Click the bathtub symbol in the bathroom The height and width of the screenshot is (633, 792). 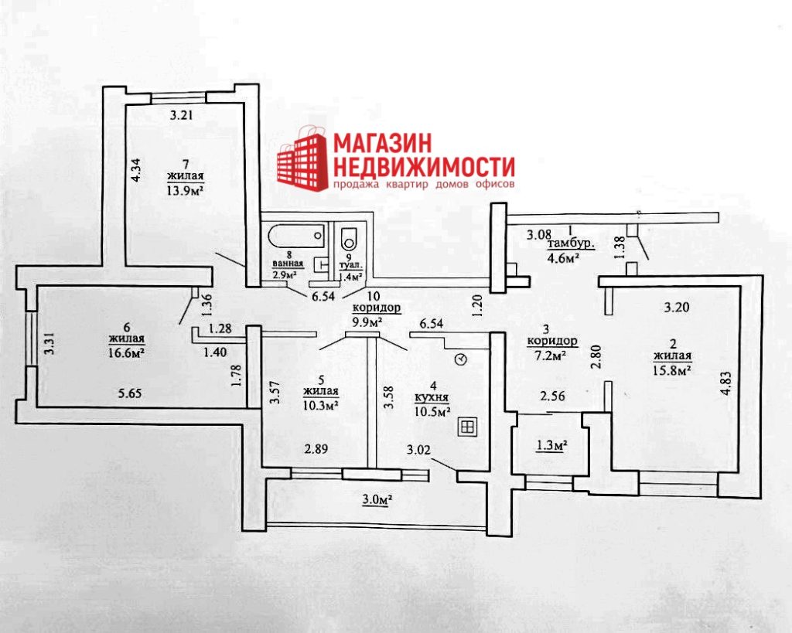click(296, 237)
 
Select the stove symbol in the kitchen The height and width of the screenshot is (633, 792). click(466, 427)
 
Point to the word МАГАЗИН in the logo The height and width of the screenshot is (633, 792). click(382, 143)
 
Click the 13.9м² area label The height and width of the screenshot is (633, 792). click(185, 189)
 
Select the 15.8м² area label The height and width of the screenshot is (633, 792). click(672, 370)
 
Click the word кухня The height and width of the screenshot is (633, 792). click(432, 398)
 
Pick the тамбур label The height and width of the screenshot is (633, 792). click(571, 245)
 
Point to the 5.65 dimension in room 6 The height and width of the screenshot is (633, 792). click(130, 393)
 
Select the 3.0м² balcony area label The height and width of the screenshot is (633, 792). click(377, 500)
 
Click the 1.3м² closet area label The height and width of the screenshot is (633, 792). click(550, 445)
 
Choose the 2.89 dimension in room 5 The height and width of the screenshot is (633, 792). click(316, 448)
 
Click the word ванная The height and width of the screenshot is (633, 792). click(288, 263)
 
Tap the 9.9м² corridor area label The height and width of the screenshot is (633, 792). click(367, 320)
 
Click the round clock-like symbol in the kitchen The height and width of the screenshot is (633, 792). click(461, 359)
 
